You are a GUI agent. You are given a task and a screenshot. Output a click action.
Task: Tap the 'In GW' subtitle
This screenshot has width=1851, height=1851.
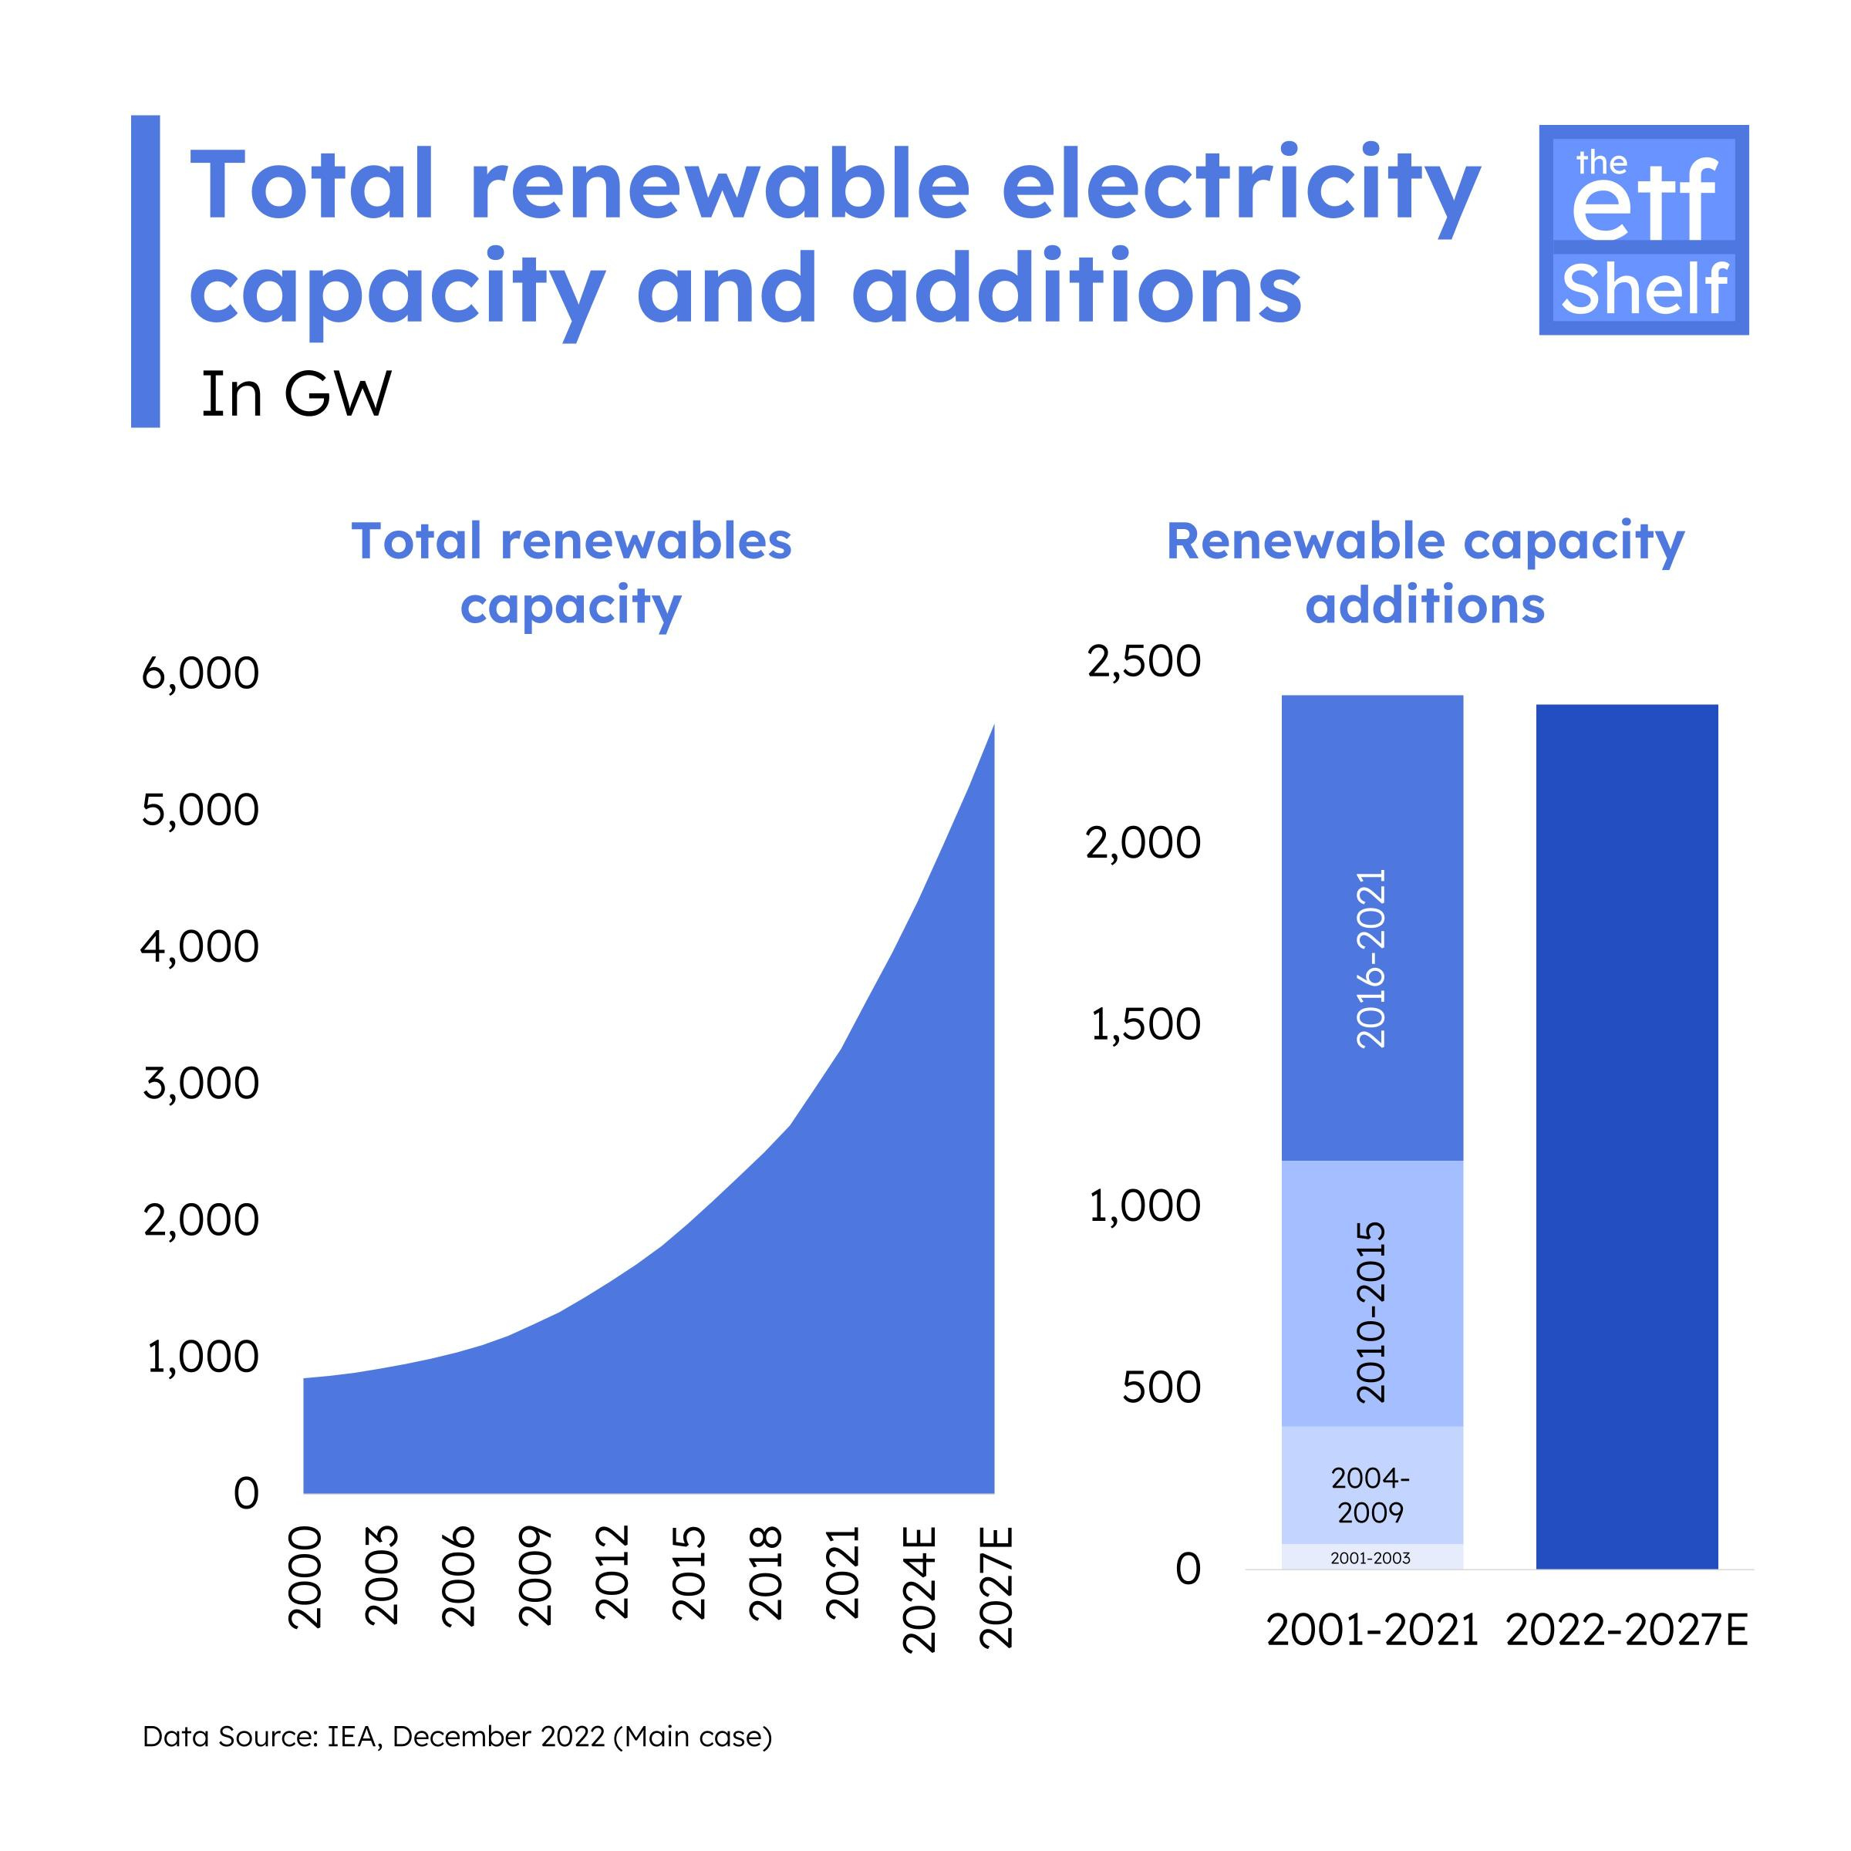point(296,395)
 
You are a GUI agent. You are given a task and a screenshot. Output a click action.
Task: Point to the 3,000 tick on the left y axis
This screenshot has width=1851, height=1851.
point(201,1084)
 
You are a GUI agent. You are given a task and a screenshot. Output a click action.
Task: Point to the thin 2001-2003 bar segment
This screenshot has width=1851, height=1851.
point(1372,1558)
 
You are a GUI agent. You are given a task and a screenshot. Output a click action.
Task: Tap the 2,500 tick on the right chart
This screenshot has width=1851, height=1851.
point(1143,661)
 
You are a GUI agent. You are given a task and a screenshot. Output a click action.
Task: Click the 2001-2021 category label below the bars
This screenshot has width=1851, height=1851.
point(1372,1630)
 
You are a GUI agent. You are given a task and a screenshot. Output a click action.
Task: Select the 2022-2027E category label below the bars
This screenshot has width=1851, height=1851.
point(1627,1630)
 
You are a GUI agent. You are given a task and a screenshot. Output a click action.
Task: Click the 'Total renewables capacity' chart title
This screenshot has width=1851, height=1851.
point(572,573)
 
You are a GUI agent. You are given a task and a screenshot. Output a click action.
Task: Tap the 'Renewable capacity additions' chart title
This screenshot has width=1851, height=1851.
point(1424,573)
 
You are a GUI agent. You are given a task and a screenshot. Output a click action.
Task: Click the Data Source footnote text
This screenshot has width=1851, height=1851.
point(457,1736)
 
